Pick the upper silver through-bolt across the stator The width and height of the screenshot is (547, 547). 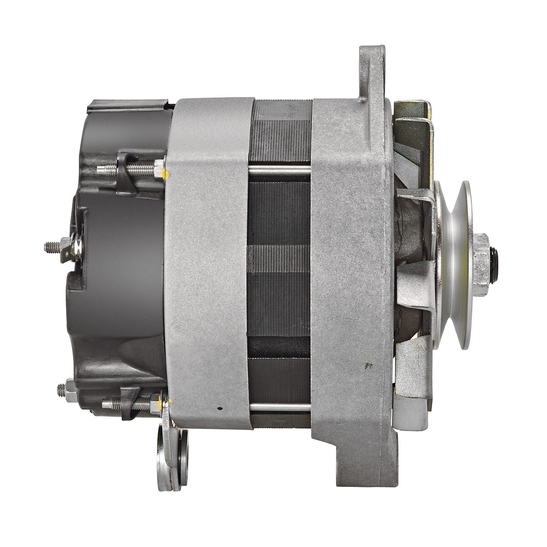click(279, 170)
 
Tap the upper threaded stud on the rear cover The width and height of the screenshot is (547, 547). click(109, 170)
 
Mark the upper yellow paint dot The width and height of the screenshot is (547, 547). click(168, 173)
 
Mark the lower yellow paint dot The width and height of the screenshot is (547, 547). click(170, 402)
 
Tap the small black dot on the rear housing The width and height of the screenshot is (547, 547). click(220, 408)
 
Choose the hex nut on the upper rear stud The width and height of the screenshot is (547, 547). click(158, 170)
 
